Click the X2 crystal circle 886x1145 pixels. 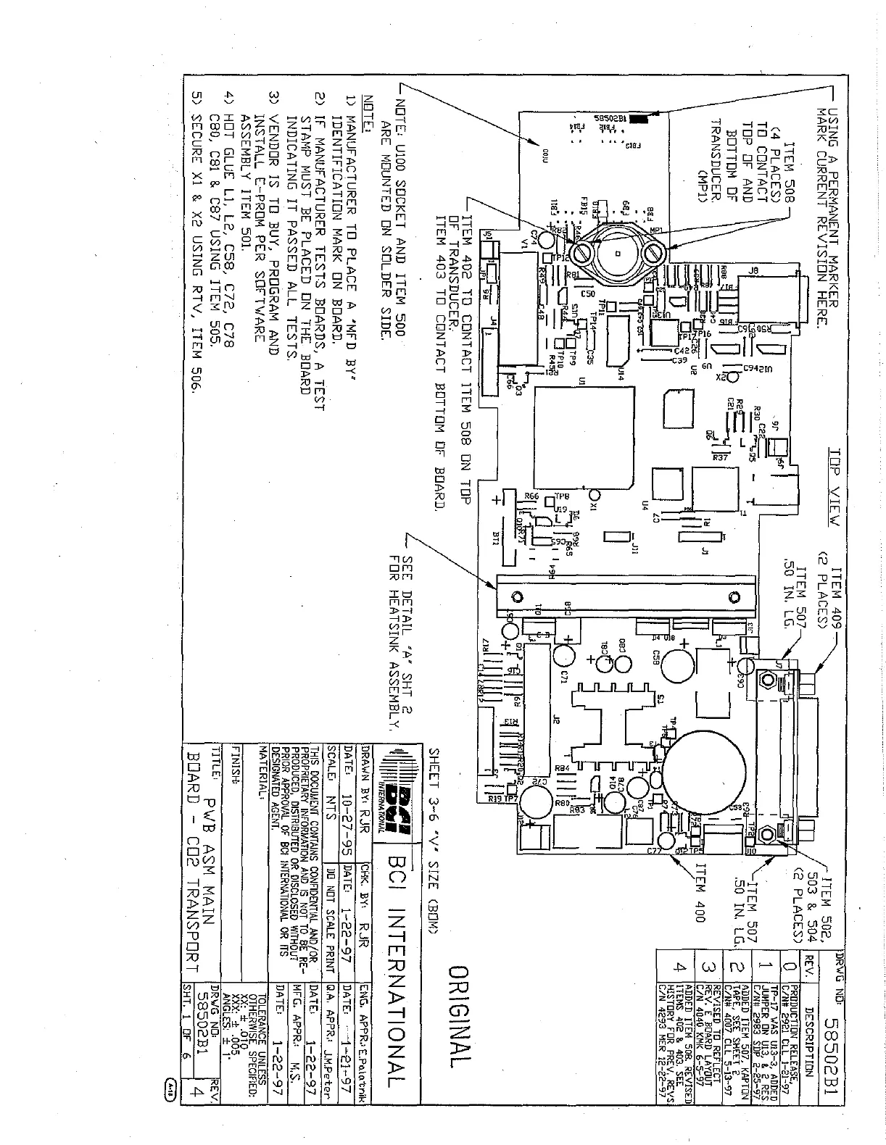tap(722, 377)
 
